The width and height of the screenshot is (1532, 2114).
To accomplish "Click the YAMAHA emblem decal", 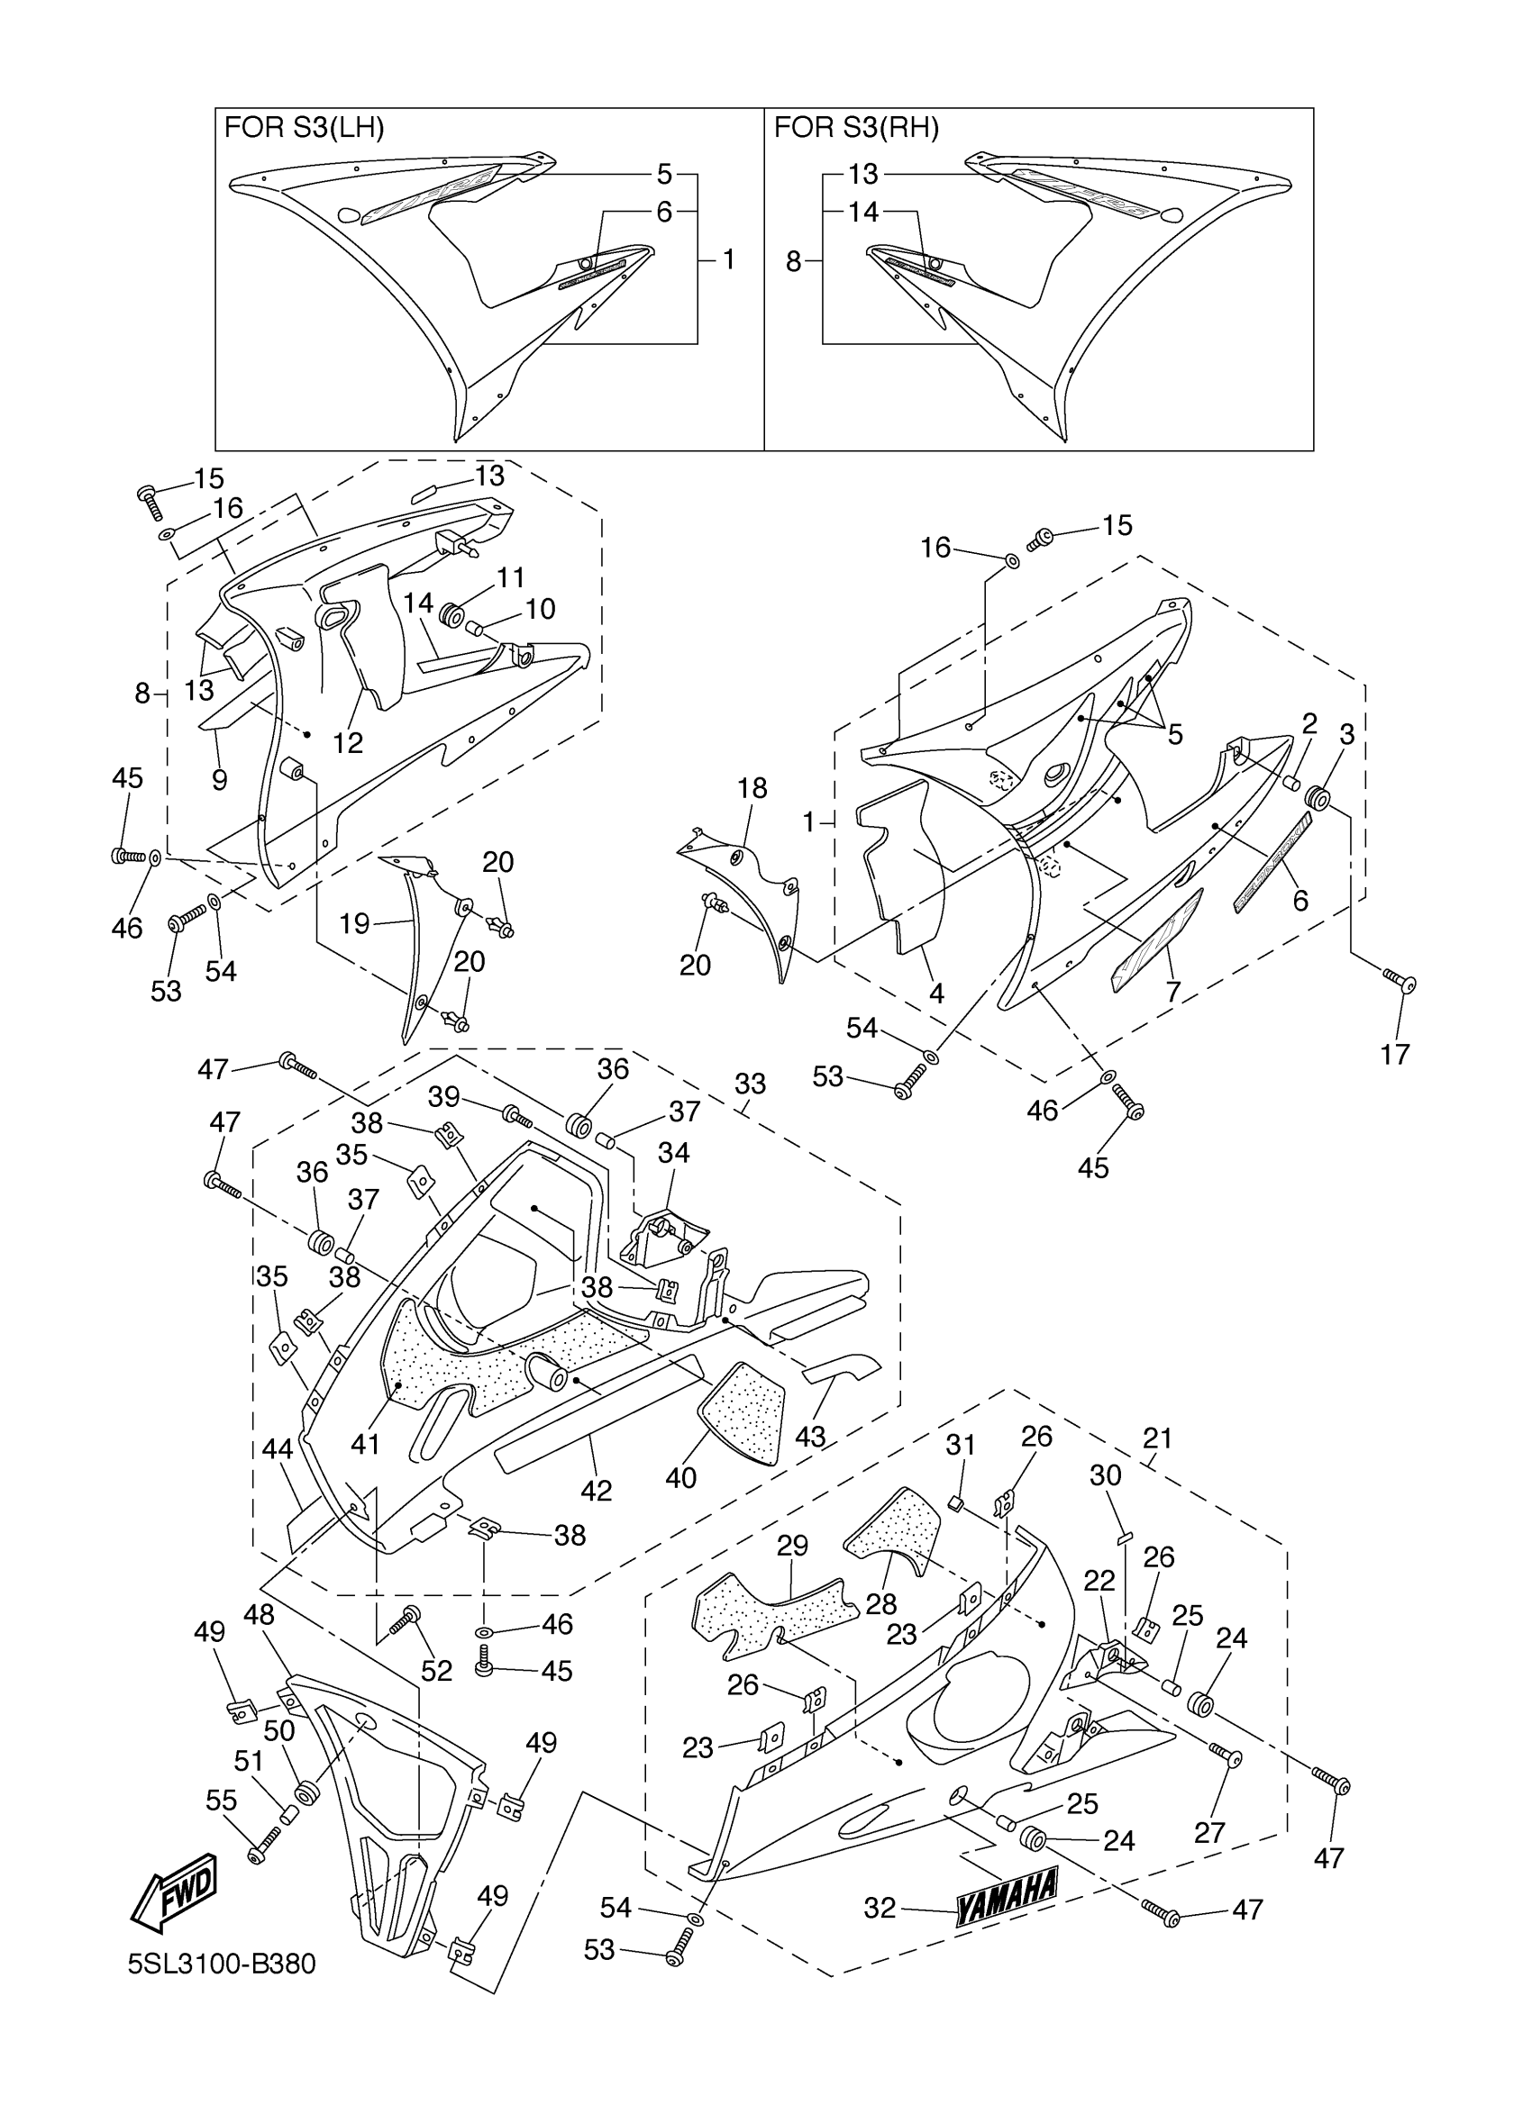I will point(1006,1894).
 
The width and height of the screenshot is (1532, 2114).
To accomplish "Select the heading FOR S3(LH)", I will point(304,128).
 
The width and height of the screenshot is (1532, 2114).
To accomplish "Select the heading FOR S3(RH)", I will point(856,128).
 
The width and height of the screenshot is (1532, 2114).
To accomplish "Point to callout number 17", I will point(1395,1054).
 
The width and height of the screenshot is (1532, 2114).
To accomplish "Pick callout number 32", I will point(880,1908).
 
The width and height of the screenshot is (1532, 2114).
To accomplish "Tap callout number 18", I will point(752,787).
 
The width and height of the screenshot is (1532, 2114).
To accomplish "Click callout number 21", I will point(1157,1438).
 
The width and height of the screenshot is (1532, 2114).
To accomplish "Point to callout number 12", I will point(348,742).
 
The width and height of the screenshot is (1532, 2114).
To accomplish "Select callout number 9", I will point(219,779).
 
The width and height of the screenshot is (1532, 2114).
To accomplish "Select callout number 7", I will point(1173,993).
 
